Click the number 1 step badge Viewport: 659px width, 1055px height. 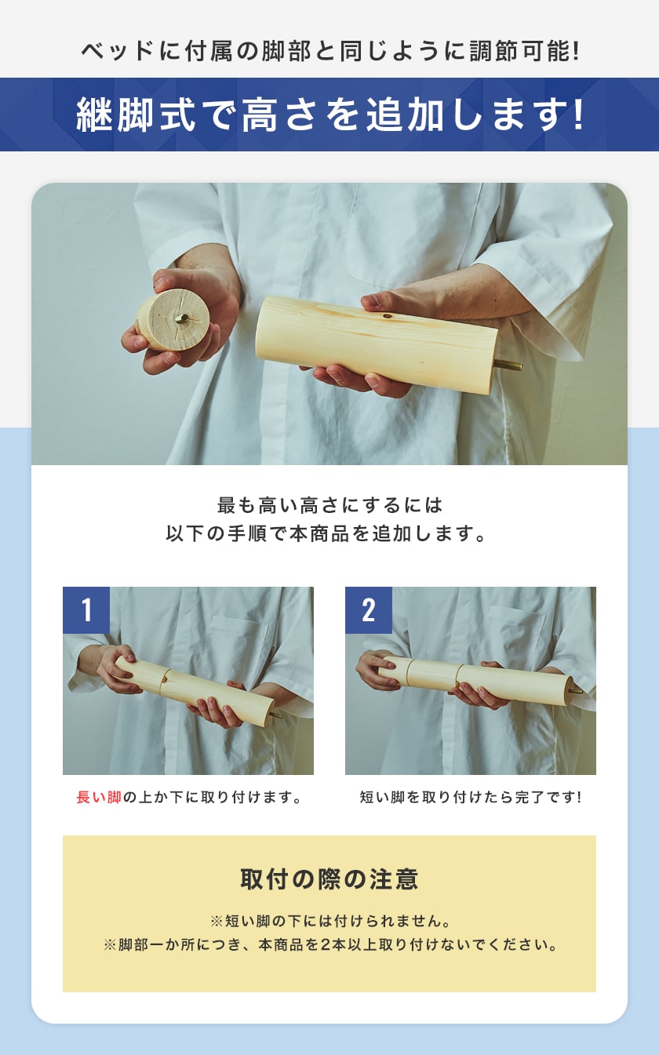86,610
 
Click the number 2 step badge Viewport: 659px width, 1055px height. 369,610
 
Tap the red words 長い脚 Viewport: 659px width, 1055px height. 99,798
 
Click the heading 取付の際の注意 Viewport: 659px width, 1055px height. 329,879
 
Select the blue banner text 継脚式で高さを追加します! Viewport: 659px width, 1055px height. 329,115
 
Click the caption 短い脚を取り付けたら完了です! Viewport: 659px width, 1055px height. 471,798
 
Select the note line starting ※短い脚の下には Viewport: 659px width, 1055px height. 329,920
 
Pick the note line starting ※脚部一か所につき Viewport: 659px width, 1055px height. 329,944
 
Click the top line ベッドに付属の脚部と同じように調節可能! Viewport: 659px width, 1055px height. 329,52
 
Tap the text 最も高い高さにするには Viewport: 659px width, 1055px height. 329,504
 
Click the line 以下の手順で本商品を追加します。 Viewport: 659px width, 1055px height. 329,533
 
